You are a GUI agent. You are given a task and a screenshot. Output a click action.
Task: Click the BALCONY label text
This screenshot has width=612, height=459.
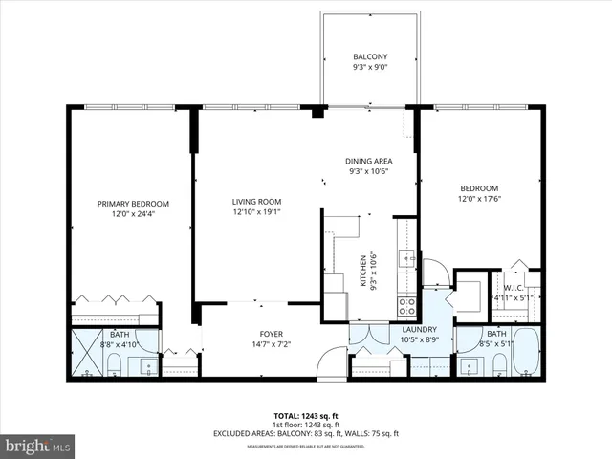click(371, 57)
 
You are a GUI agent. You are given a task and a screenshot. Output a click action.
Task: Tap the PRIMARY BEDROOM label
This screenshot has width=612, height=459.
click(134, 204)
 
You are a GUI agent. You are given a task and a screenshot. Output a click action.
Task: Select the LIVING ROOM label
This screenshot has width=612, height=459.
click(255, 201)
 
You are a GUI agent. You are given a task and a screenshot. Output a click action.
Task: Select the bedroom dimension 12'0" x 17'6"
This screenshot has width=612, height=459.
click(479, 199)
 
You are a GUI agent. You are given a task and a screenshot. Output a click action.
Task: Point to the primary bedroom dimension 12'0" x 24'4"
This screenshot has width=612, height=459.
click(134, 215)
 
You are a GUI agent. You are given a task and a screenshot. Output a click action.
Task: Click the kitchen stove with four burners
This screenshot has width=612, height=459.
click(406, 306)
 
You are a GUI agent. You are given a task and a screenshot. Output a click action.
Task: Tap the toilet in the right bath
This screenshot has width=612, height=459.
click(498, 364)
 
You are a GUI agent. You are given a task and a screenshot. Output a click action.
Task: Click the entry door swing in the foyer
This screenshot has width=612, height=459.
click(332, 363)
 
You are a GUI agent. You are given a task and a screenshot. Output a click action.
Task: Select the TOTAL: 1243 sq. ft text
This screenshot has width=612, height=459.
click(305, 416)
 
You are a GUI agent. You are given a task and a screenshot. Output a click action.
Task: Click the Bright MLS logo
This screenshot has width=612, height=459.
click(38, 446)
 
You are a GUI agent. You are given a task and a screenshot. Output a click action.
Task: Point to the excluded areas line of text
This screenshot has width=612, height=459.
click(305, 433)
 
